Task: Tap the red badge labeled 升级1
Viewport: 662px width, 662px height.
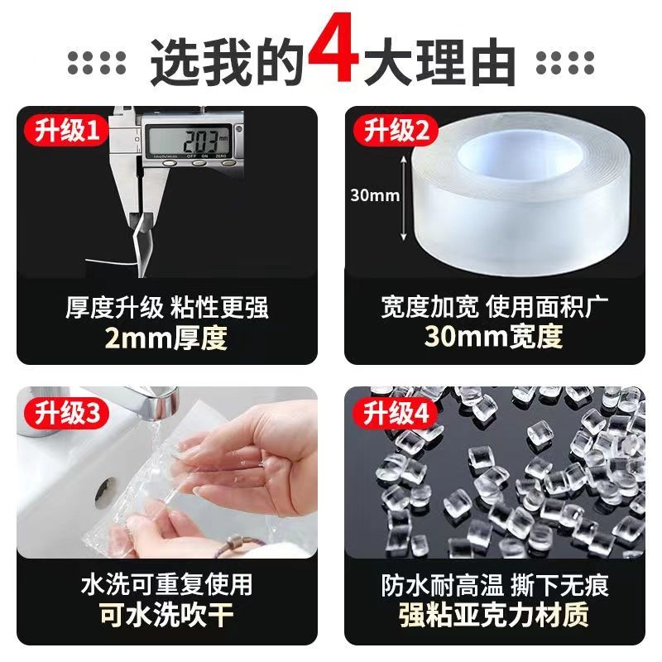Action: [67, 130]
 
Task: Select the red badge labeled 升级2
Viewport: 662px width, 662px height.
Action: [396, 130]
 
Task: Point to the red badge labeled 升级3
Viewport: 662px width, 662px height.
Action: [67, 412]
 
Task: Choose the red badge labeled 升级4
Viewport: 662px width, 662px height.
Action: [396, 412]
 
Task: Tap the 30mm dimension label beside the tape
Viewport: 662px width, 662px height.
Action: [375, 195]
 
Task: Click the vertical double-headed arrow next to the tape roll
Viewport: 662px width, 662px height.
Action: [404, 199]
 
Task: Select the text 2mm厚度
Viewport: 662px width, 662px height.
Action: [166, 338]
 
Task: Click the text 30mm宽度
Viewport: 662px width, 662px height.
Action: [493, 337]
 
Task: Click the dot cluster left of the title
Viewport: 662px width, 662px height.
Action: [97, 63]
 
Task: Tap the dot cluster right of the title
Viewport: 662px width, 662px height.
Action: [565, 63]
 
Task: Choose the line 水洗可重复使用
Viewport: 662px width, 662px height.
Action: [167, 584]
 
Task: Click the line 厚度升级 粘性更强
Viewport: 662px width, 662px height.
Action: [167, 307]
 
